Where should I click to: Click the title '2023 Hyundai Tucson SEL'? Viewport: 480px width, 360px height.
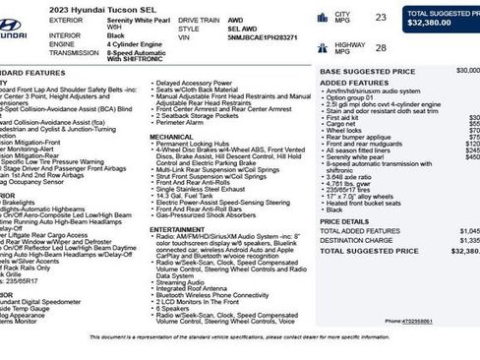pyautogui.click(x=89, y=7)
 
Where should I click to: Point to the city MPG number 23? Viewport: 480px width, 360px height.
pyautogui.click(x=380, y=18)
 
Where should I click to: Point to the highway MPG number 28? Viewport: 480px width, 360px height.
pyautogui.click(x=380, y=47)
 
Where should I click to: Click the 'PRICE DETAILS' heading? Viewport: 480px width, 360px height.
pyautogui.click(x=344, y=221)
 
